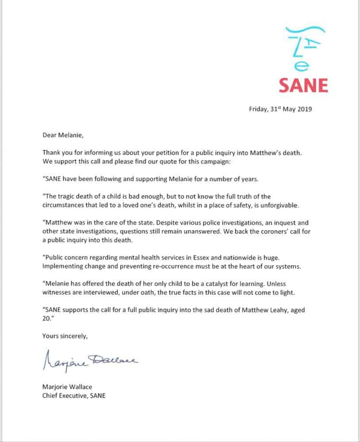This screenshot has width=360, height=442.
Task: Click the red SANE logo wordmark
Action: [303, 84]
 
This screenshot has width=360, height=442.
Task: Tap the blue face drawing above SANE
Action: [304, 46]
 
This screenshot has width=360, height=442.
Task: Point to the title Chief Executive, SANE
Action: [74, 396]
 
